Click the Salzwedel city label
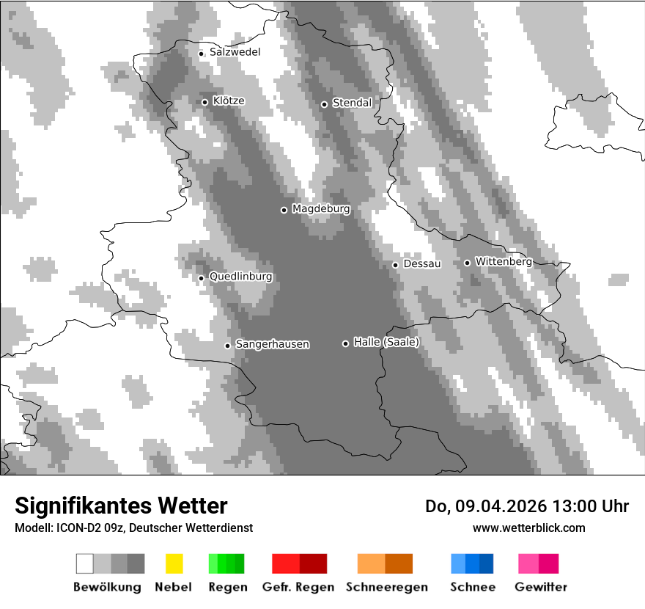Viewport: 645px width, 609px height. point(235,52)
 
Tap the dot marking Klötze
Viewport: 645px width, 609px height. point(204,102)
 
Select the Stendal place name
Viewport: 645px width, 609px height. point(352,103)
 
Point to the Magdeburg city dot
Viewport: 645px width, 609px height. point(284,210)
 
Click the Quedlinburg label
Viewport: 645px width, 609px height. point(240,277)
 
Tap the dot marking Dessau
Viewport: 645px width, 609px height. point(395,265)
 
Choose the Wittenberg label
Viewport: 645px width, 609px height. point(503,261)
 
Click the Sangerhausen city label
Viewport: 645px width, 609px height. point(272,344)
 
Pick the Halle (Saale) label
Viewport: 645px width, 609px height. point(386,342)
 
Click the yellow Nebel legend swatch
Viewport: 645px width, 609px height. point(174,564)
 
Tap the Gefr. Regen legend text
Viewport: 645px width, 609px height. point(298,587)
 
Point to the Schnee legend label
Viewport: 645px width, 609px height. point(473,587)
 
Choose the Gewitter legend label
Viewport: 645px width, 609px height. point(541,587)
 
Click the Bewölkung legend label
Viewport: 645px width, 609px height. point(107,587)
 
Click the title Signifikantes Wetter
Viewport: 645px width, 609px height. point(121,506)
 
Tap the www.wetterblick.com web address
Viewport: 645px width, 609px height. point(528,528)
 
